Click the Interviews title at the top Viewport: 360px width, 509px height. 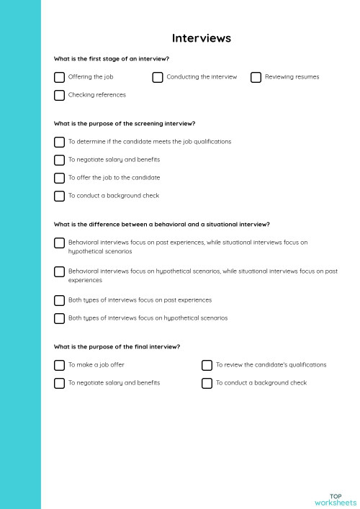tap(201, 38)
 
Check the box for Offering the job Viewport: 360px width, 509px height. tap(59, 77)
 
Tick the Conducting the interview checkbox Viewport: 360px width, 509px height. tap(158, 77)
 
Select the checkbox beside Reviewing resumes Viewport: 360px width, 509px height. tap(256, 77)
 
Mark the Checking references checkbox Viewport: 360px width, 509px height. tap(59, 95)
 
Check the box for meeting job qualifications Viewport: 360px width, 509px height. tap(59, 142)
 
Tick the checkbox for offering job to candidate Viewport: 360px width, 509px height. tap(59, 178)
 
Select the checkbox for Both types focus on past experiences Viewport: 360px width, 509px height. tap(59, 300)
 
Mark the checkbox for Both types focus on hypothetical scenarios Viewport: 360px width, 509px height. tap(59, 318)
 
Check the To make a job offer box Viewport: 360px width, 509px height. tap(59, 365)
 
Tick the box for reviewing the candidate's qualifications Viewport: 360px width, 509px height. tap(207, 365)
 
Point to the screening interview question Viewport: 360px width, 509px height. tap(125, 124)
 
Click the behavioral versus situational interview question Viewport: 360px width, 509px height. tap(161, 225)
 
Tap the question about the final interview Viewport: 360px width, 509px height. tap(117, 347)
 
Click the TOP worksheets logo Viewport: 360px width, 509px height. tap(336, 499)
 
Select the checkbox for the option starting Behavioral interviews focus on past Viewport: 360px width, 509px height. tap(59, 243)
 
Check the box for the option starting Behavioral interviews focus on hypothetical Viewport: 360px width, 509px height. tap(59, 271)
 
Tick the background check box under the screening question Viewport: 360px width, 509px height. tap(59, 196)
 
